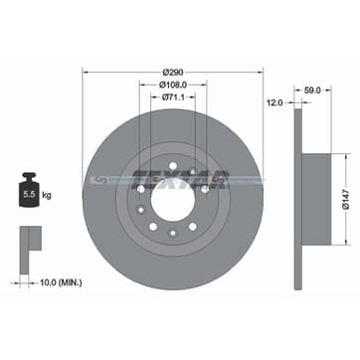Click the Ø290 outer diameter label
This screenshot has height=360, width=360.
173,75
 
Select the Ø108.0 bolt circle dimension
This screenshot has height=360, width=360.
173,87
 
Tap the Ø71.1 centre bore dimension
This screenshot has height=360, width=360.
173,98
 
